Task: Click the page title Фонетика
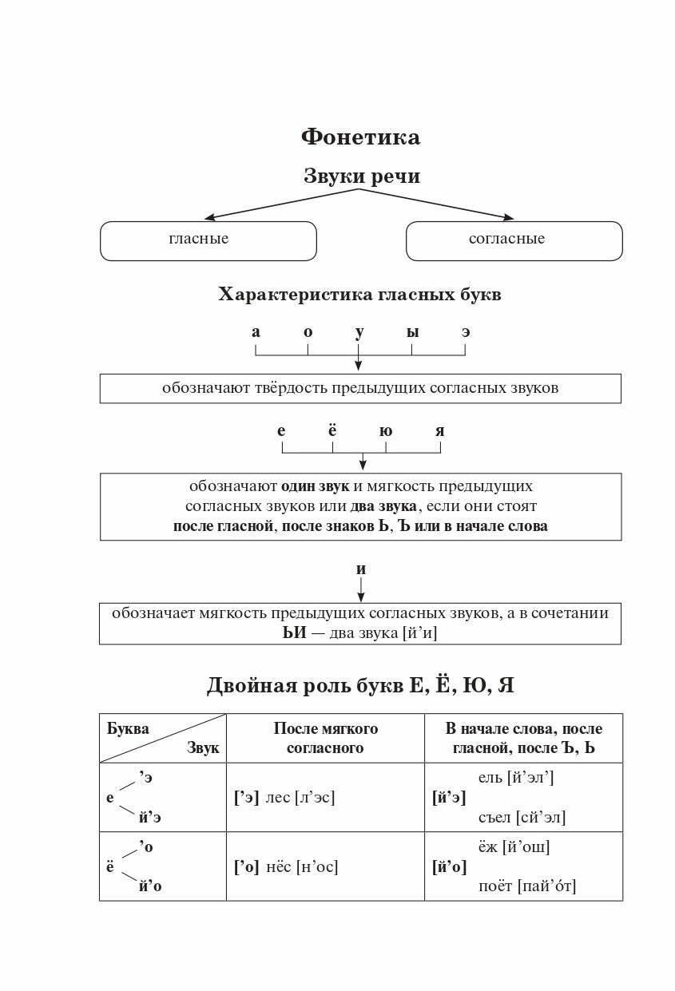360,137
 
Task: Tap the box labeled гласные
208,240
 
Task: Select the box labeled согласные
514,240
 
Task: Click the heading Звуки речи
361,176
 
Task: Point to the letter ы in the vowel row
412,331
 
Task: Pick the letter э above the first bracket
466,331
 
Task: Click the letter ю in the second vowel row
386,431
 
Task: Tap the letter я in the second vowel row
439,431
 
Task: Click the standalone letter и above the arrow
361,569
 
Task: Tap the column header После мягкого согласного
326,738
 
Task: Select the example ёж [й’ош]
514,847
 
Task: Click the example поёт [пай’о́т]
527,886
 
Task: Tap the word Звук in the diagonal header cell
203,748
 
